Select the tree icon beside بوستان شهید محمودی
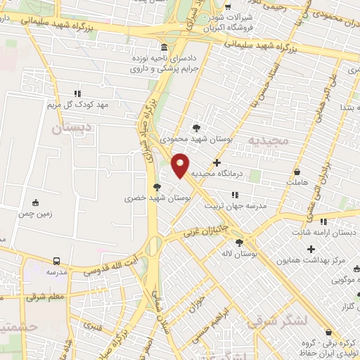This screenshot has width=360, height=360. [195, 128]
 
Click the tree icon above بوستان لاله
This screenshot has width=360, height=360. [238, 243]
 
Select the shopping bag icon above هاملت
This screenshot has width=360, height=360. [297, 171]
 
